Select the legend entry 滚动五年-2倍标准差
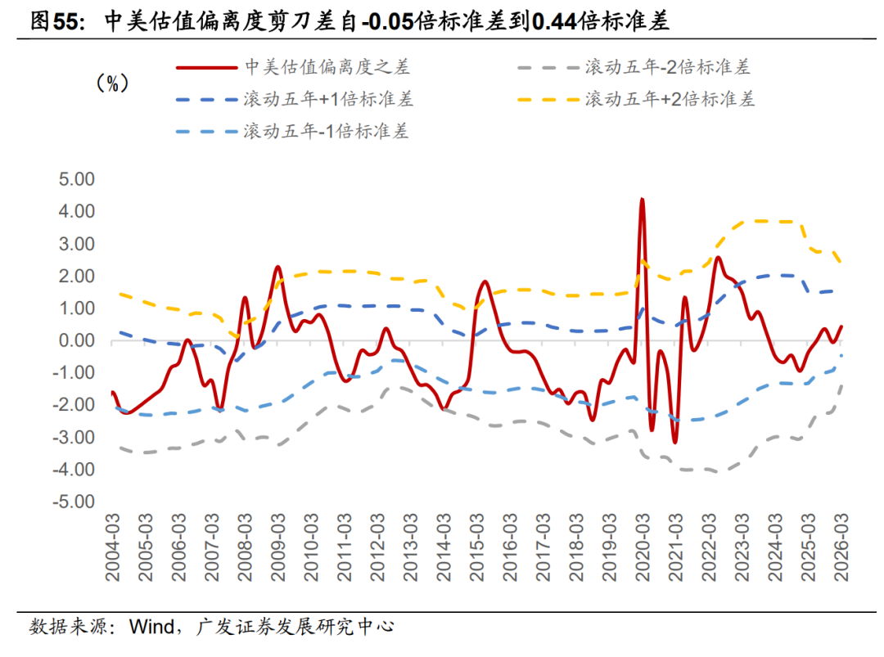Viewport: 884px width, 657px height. pos(667,67)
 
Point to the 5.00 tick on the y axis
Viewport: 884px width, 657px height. pos(73,179)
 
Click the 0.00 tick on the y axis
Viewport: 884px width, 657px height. pos(73,341)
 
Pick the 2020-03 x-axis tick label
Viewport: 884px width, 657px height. pos(643,547)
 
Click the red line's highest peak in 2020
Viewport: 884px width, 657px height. pos(643,199)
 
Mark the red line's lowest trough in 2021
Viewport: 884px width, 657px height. pos(674,443)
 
